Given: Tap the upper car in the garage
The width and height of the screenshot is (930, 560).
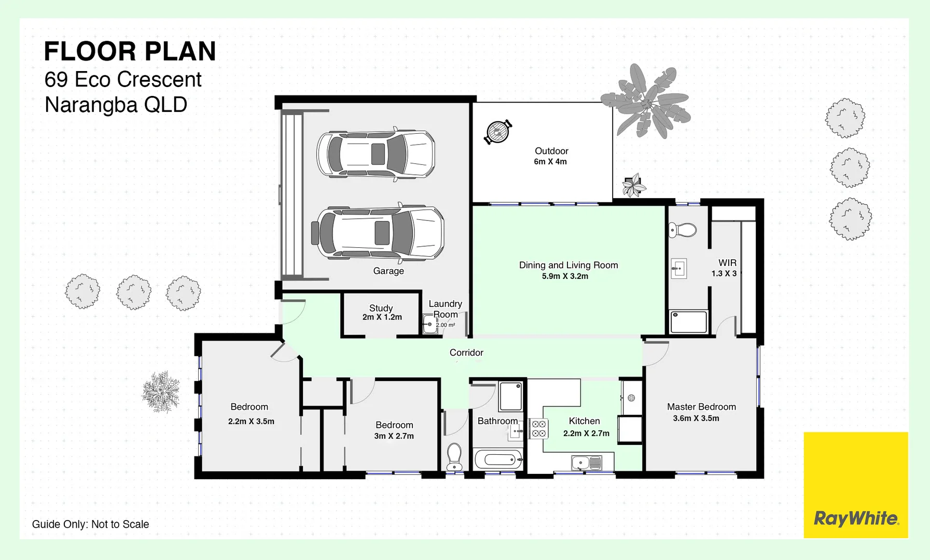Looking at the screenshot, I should tap(376, 154).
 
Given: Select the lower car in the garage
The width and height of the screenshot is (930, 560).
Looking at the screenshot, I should tap(379, 232).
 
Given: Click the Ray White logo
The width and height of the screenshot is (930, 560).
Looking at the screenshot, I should tap(856, 518).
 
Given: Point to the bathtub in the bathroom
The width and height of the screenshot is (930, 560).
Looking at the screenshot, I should tap(498, 459).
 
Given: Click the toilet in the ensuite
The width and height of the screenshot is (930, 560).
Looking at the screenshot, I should tap(682, 230).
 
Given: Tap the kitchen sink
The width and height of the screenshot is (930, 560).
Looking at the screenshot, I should tap(586, 463).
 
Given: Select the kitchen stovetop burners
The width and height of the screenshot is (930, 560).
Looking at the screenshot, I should tap(538, 429).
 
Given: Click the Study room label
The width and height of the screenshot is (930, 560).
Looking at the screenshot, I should tap(381, 308).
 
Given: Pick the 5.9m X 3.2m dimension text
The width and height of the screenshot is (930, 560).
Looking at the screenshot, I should tap(565, 276).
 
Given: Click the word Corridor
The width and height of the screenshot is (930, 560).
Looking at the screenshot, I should tap(466, 353).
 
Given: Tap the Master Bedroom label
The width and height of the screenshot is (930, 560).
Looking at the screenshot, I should tap(701, 407).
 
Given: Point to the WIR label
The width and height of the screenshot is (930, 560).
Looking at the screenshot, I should tap(727, 263).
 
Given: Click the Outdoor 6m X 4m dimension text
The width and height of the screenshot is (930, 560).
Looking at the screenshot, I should tap(550, 162).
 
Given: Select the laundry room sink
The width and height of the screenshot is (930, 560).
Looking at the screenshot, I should tap(429, 325).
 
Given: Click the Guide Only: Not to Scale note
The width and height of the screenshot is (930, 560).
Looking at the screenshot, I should tap(90, 524).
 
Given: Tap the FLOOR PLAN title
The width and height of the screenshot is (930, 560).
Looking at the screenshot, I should tap(130, 51).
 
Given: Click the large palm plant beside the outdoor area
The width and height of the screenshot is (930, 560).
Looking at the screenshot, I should tap(646, 101).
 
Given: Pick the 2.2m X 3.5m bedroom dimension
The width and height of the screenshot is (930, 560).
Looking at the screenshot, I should tap(251, 422).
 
